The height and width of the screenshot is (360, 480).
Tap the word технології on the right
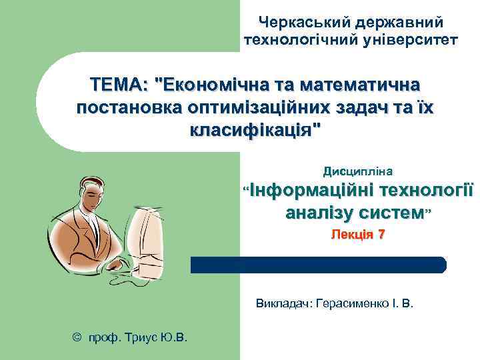(x=426, y=191)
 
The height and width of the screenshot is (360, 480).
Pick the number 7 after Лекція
(x=381, y=235)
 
